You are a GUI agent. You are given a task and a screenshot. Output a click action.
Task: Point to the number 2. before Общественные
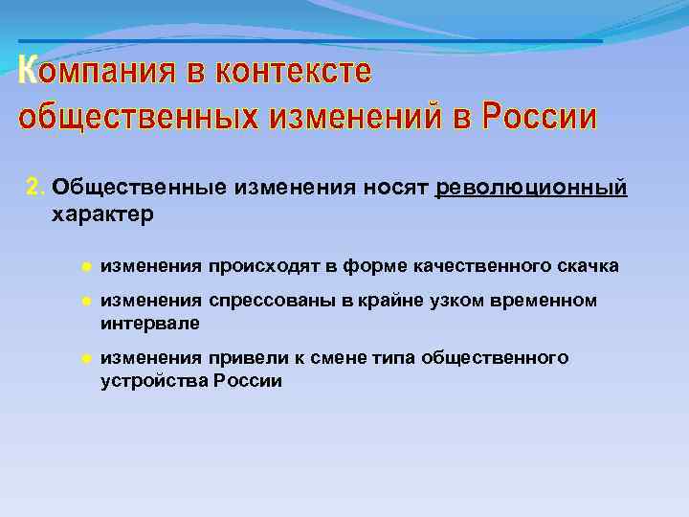(x=35, y=186)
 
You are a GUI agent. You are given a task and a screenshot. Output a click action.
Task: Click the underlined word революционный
(x=531, y=186)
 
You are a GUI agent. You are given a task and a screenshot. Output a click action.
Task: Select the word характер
(x=102, y=214)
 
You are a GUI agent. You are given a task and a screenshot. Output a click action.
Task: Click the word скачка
(x=586, y=264)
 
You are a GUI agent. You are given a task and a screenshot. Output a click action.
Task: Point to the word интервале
(x=149, y=324)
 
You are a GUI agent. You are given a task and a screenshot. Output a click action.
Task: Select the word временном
(x=545, y=301)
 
